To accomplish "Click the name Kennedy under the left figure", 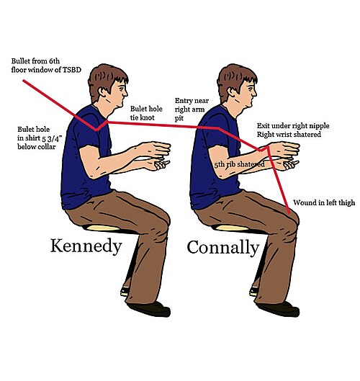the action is (x=86, y=246).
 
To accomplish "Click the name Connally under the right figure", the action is (x=223, y=248).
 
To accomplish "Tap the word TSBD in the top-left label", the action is (x=72, y=70).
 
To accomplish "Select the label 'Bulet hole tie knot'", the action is (x=146, y=113).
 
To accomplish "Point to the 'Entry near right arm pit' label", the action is (x=192, y=109).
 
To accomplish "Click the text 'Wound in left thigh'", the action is (x=324, y=202).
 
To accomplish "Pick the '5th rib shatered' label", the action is (x=239, y=164).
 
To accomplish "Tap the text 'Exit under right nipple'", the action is (x=293, y=126).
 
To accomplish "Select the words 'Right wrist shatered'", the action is (x=289, y=135).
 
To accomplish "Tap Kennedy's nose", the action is (x=125, y=93).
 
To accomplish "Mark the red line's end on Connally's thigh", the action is (x=289, y=212).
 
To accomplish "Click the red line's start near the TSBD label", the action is (x=24, y=81).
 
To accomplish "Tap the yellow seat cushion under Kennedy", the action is (x=102, y=228).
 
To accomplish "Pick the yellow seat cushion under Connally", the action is (x=231, y=228).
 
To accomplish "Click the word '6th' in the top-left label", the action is (x=54, y=60).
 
